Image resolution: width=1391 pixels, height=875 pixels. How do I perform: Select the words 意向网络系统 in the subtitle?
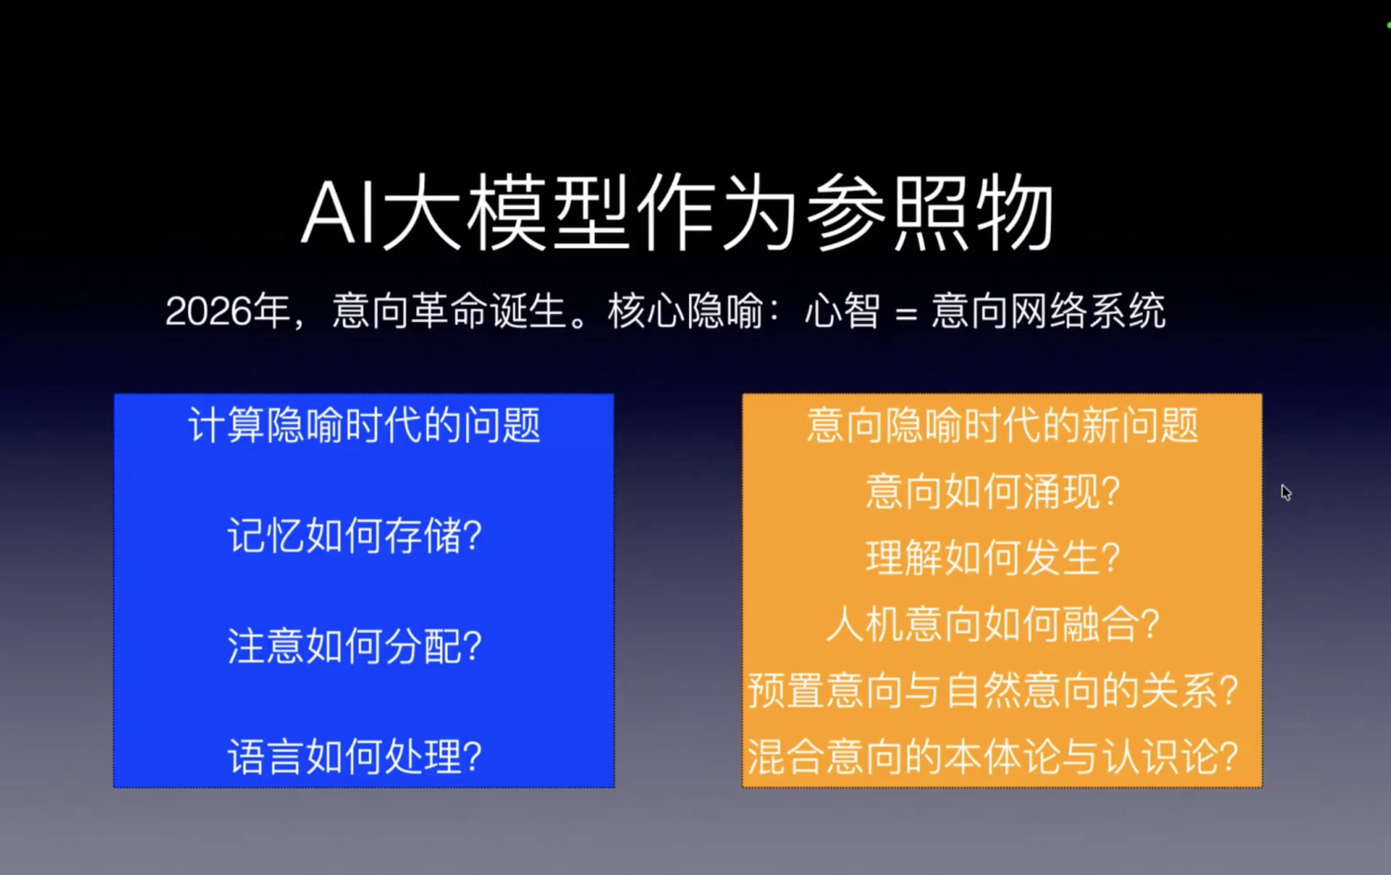(x=1048, y=312)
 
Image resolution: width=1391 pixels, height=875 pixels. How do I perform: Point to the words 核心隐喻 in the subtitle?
(x=685, y=312)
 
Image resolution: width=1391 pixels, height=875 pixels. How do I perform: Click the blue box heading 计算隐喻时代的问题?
(x=364, y=426)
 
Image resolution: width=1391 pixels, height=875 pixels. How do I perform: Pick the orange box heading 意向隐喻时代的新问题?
(x=1002, y=426)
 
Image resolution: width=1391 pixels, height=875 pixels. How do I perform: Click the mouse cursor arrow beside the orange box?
(x=1286, y=492)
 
